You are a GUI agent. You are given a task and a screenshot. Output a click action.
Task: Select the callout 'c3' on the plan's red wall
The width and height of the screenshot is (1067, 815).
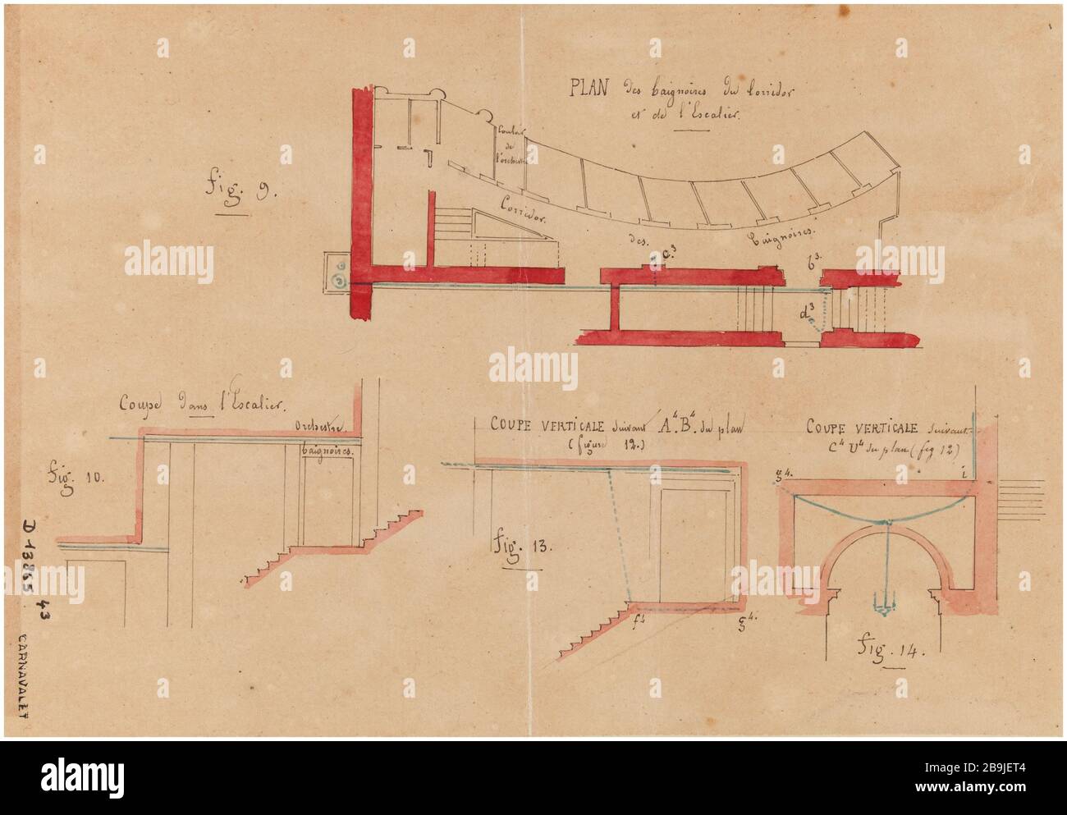(666, 261)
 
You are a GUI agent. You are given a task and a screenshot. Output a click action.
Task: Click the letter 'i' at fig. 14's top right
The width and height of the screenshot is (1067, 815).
(962, 471)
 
